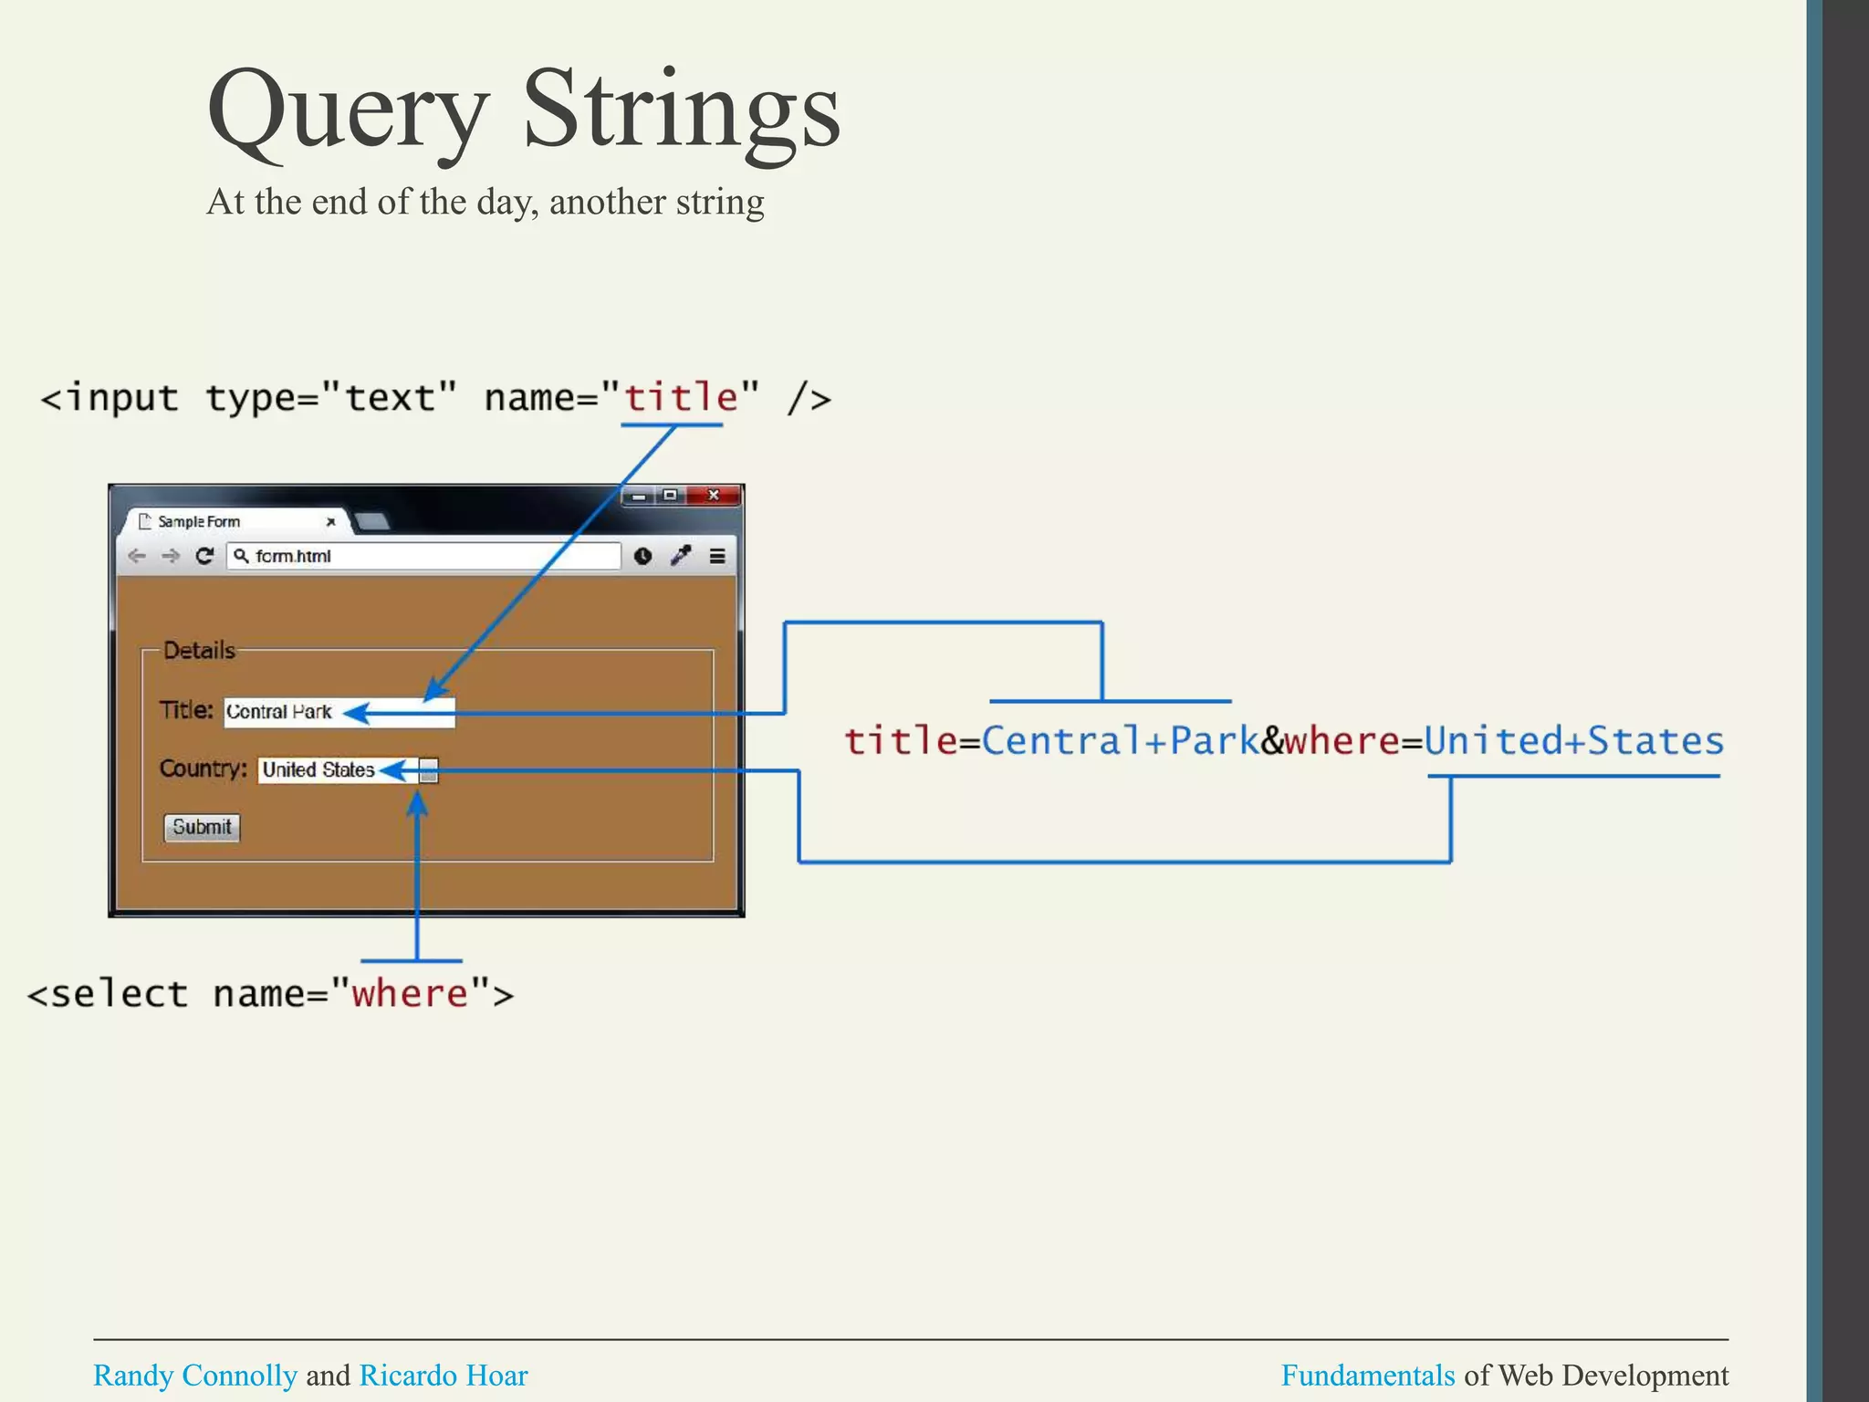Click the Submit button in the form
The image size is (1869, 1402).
202,827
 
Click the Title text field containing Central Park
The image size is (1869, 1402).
339,712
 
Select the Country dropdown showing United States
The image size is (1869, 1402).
347,770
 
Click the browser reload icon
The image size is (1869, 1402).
205,556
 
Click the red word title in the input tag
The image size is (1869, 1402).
681,398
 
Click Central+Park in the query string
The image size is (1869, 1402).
1120,740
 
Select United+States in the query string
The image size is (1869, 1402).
1573,740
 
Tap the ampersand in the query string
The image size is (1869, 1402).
1272,740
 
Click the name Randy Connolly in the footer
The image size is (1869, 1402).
195,1375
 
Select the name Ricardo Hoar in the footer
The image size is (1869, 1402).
444,1375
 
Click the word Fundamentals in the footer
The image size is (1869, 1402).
1367,1375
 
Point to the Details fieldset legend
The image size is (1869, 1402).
199,651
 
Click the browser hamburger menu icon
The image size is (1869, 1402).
717,556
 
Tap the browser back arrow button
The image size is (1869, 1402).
137,556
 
